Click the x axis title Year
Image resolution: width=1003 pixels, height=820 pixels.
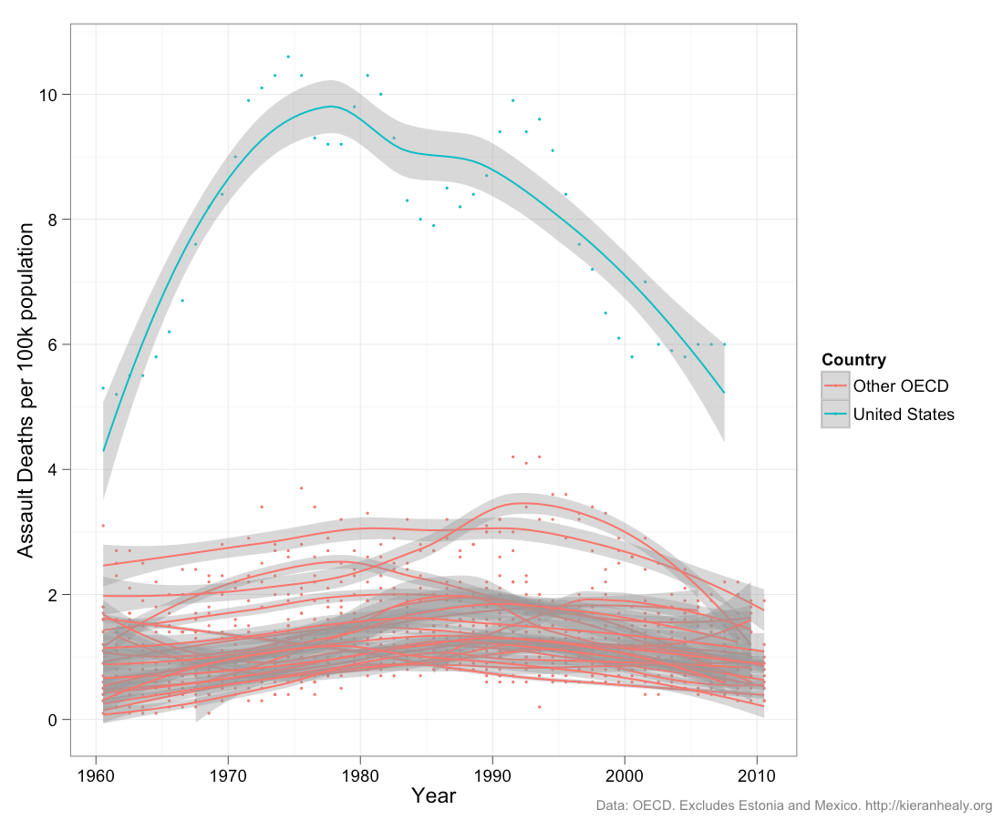pyautogui.click(x=433, y=795)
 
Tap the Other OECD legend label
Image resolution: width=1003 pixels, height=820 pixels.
pyautogui.click(x=900, y=386)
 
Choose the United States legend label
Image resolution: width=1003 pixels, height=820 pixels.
pyautogui.click(x=904, y=415)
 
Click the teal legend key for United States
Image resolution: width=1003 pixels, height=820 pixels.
pyautogui.click(x=835, y=415)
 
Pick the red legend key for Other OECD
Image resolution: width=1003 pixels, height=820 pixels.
pyautogui.click(x=835, y=386)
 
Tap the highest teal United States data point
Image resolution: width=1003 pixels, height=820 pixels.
pyautogui.click(x=288, y=56)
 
